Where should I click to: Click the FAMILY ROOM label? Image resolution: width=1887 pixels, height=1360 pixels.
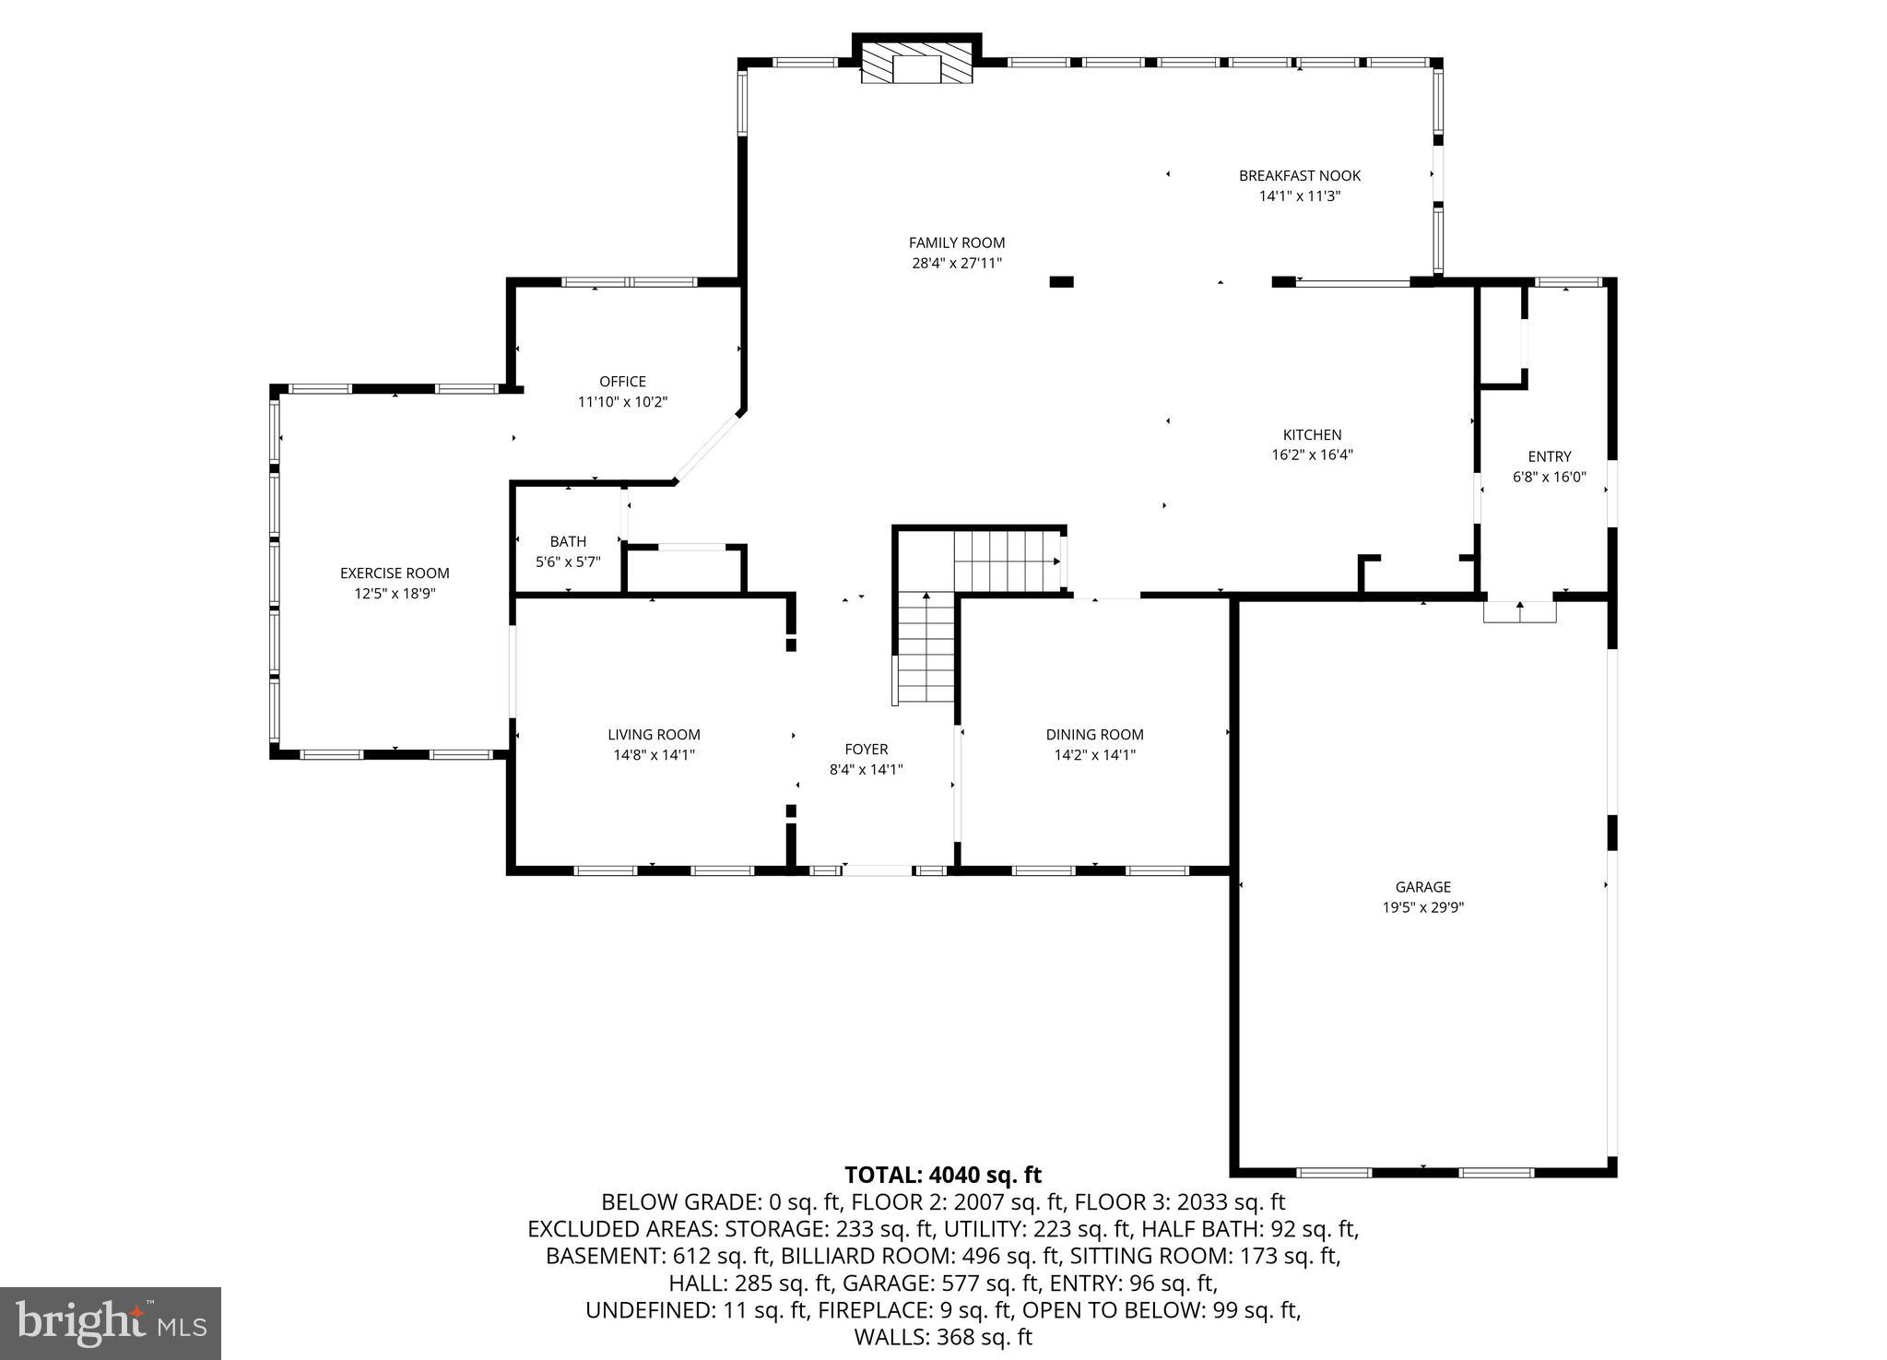point(956,242)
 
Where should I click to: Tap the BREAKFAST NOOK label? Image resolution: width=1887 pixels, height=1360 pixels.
point(1299,175)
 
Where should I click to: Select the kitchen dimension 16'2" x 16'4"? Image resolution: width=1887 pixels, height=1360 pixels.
point(1312,455)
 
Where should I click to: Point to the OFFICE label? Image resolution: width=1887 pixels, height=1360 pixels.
point(622,381)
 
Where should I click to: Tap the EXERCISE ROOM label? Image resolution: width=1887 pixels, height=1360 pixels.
point(395,573)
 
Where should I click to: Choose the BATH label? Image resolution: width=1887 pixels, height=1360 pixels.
point(568,541)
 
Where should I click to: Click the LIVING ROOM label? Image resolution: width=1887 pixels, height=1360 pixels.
point(654,735)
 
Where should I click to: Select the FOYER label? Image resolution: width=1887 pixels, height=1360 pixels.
point(866,750)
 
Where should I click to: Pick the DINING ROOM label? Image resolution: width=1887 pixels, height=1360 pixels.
point(1094,735)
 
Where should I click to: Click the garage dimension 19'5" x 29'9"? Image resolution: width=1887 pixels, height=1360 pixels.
point(1422,907)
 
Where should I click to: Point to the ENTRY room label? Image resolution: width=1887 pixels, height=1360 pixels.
point(1549,456)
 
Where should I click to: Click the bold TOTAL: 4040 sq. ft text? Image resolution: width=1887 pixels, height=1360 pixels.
point(943,1175)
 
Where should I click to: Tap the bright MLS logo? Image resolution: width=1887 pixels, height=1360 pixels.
point(111,1323)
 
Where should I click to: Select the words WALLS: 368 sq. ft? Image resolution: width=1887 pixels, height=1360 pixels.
point(943,1336)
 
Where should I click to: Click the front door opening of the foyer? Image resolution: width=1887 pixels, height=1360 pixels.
point(877,869)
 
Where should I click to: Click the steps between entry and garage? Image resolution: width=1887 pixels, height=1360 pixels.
point(1519,611)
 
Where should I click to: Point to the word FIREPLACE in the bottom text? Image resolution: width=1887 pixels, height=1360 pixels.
point(879,1309)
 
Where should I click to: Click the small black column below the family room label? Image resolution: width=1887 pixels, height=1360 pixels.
point(1061,281)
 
